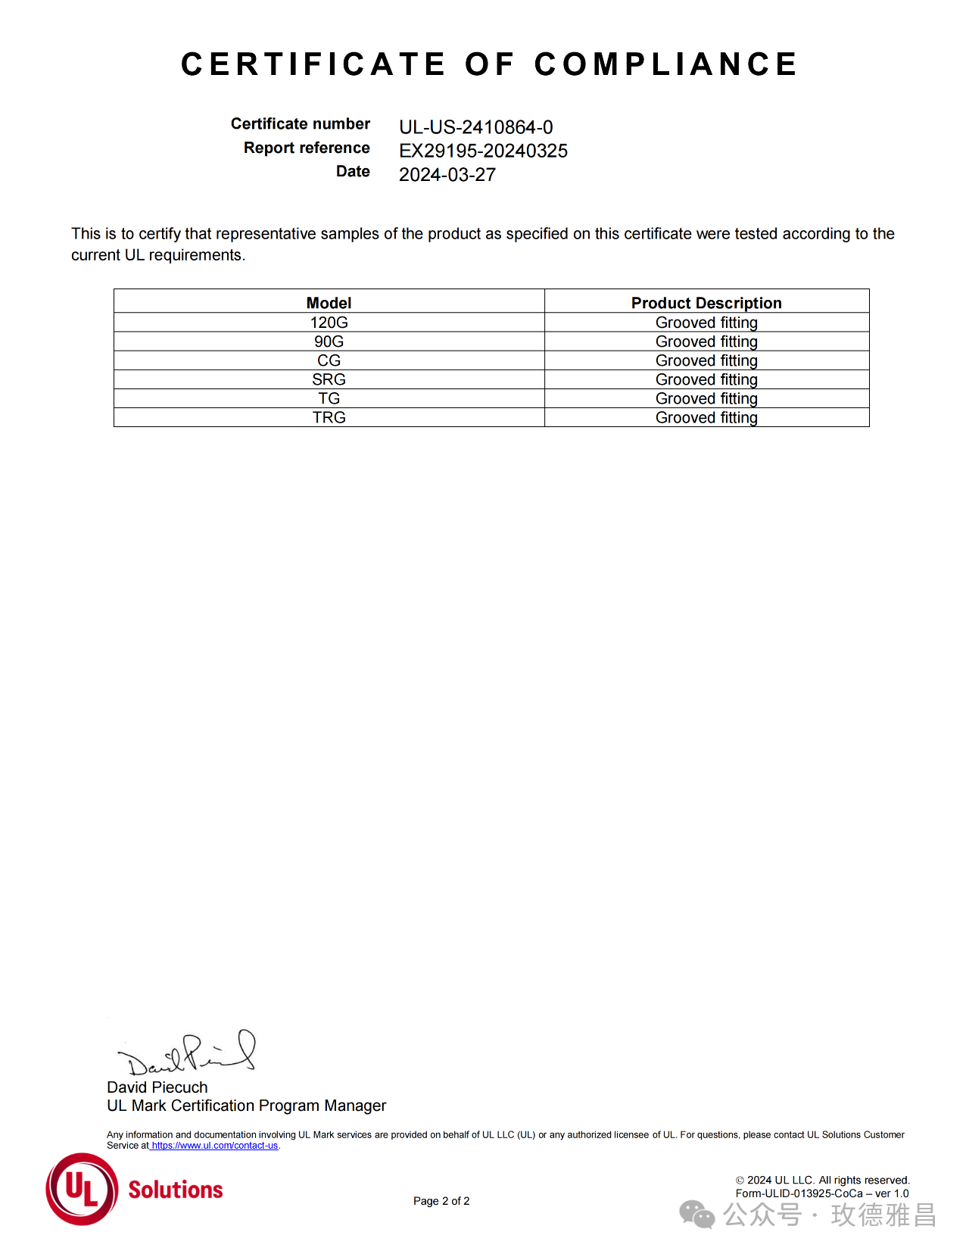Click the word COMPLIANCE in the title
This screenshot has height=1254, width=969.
(665, 64)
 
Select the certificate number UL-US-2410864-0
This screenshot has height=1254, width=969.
(475, 127)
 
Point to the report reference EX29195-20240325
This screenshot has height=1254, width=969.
(483, 151)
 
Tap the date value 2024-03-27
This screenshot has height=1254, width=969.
(447, 175)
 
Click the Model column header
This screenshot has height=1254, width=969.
(329, 303)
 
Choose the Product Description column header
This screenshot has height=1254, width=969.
(706, 303)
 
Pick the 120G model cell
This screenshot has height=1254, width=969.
(329, 323)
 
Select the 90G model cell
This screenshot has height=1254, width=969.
(329, 342)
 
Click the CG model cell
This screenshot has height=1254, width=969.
(329, 360)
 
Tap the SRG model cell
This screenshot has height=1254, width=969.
(329, 379)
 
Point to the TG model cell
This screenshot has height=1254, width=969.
(329, 398)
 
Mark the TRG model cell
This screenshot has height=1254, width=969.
(329, 417)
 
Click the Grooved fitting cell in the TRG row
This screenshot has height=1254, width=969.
(706, 417)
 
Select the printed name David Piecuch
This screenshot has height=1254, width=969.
(157, 1087)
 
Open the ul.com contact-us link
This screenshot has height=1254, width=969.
(214, 1146)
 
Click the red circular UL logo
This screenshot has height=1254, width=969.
(82, 1189)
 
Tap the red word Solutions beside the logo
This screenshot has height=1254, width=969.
(176, 1190)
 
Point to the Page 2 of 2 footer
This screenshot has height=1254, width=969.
(441, 1201)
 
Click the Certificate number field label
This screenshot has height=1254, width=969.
(300, 123)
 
